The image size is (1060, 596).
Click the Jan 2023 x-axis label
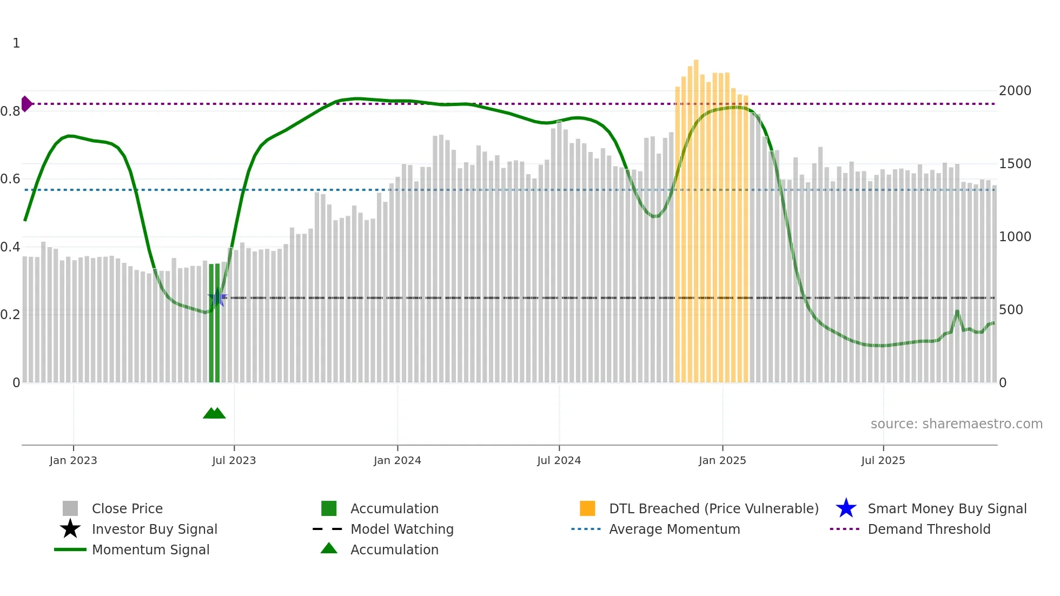click(73, 460)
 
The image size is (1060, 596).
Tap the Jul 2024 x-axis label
click(559, 460)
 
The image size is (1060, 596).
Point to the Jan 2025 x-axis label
click(722, 460)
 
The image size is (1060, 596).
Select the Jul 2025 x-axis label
click(883, 460)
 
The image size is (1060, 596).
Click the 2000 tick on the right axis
click(1015, 91)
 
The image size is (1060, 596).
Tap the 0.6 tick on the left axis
click(10, 179)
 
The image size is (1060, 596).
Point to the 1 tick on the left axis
click(16, 43)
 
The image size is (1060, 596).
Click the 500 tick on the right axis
click(1011, 310)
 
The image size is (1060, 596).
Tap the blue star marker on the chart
click(217, 297)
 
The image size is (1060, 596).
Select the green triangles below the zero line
click(214, 413)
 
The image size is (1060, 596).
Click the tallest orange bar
click(696, 216)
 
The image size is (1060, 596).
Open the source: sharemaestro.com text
click(956, 424)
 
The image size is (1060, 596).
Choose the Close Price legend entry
click(127, 508)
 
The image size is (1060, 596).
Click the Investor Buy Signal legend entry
click(154, 529)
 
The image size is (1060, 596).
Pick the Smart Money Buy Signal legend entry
click(946, 508)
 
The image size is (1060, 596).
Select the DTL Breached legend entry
click(713, 508)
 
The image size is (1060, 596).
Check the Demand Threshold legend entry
click(929, 529)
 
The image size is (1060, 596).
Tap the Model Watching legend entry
click(401, 529)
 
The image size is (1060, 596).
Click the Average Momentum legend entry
click(674, 529)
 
